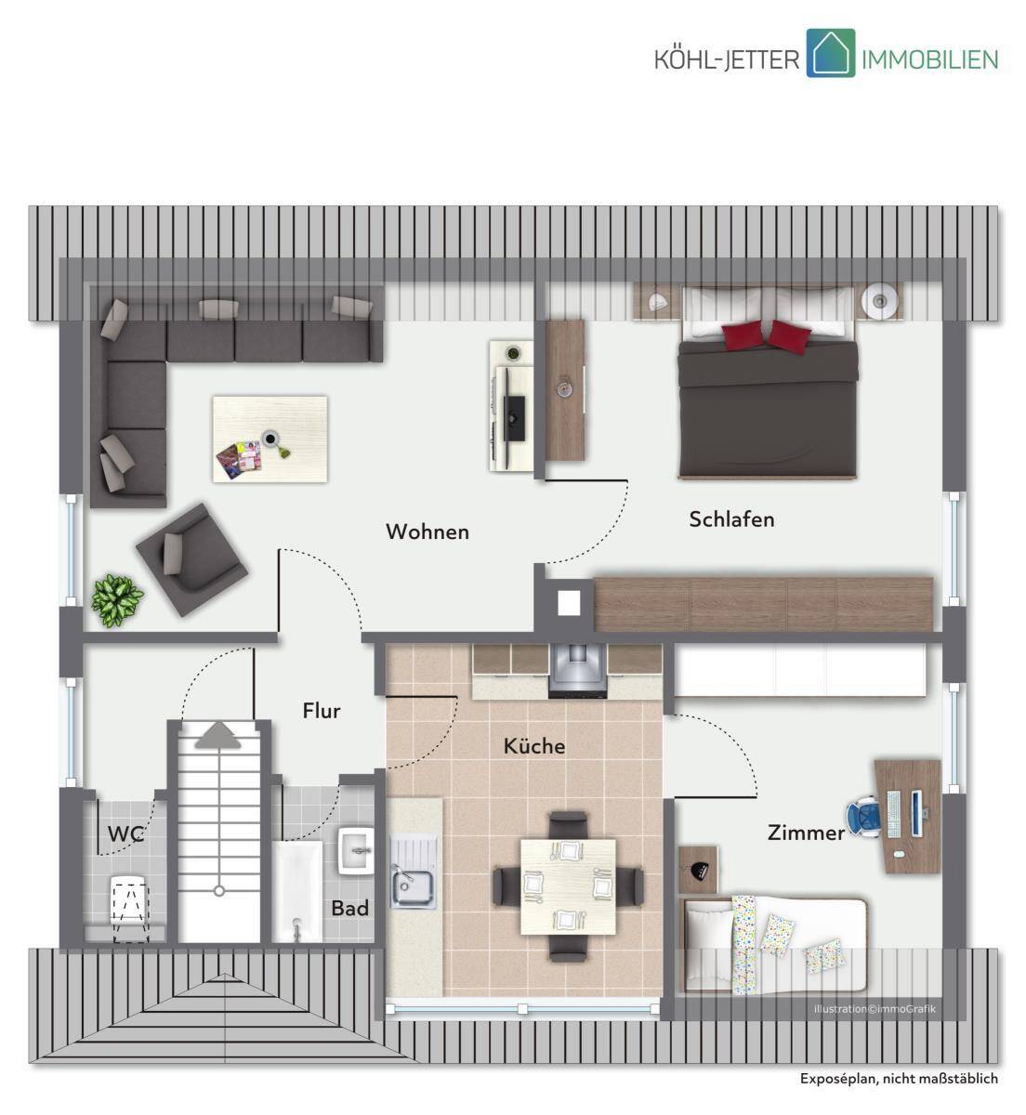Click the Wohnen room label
point(427,531)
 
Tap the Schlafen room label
point(731,519)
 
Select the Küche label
point(533,746)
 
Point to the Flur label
point(322,711)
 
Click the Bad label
point(349,909)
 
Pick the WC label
point(126,834)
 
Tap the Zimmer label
point(806,833)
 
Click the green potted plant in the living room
point(117,601)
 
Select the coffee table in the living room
point(270,439)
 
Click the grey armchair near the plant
point(191,559)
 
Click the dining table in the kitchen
point(568,886)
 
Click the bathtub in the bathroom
point(297,893)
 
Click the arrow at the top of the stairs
point(218,735)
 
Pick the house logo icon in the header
point(830,53)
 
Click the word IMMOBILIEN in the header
point(929,59)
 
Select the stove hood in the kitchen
point(577,671)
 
